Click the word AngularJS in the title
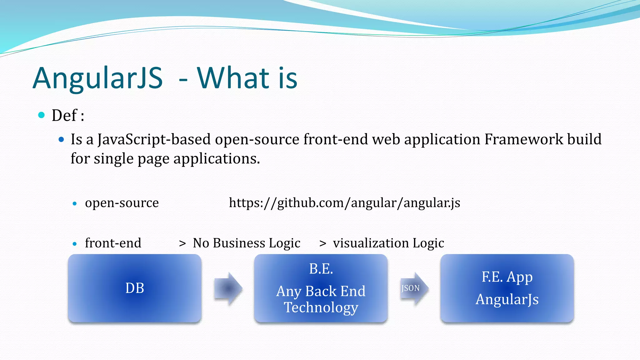pyautogui.click(x=97, y=78)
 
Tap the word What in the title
pyautogui.click(x=233, y=78)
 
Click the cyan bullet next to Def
pyautogui.click(x=41, y=115)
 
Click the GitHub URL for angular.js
pyautogui.click(x=344, y=203)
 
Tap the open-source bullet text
pyautogui.click(x=122, y=203)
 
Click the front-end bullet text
pyautogui.click(x=113, y=243)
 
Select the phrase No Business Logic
pyautogui.click(x=247, y=243)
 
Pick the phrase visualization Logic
pyautogui.click(x=388, y=243)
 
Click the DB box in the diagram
pyautogui.click(x=135, y=288)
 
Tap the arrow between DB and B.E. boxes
pyautogui.click(x=228, y=288)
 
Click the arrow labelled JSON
pyautogui.click(x=413, y=288)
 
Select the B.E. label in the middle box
pyautogui.click(x=321, y=269)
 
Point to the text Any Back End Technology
pyautogui.click(x=321, y=299)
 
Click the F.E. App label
pyautogui.click(x=507, y=277)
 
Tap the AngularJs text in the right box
pyautogui.click(x=507, y=299)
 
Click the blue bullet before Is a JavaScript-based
pyautogui.click(x=61, y=139)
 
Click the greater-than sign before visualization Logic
pyautogui.click(x=323, y=243)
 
